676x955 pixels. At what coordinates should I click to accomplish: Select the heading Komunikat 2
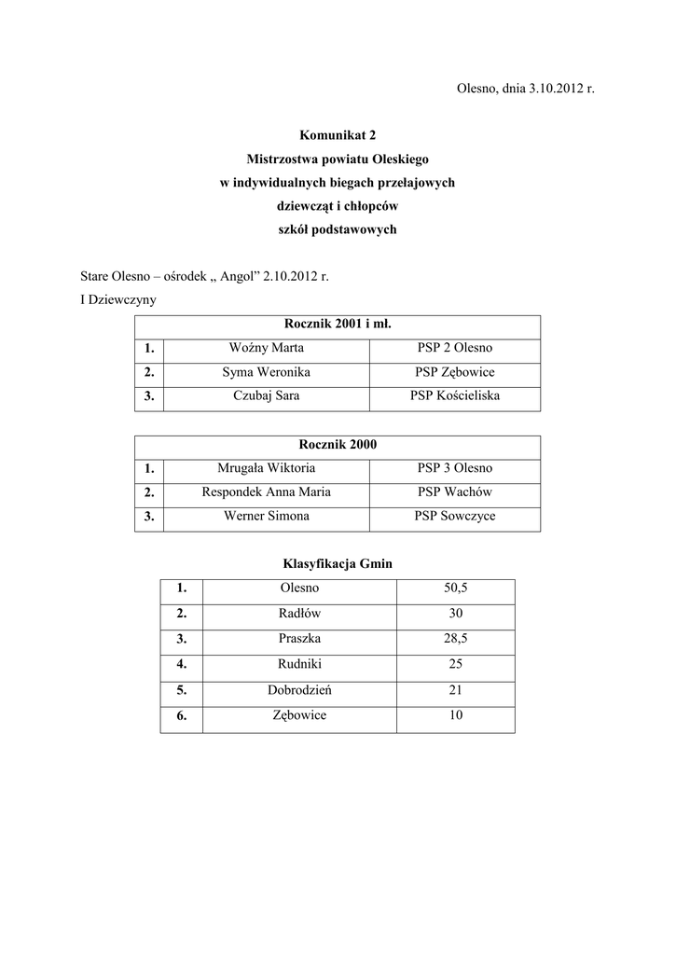point(337,135)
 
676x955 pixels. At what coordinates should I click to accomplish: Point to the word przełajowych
point(415,183)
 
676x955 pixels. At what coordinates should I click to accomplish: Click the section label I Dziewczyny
point(118,300)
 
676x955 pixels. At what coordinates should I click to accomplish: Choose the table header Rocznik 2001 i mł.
point(337,325)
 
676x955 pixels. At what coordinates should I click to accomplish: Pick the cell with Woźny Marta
point(266,349)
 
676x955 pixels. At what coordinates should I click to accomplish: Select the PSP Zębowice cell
point(455,372)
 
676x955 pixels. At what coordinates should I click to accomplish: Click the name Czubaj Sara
point(266,396)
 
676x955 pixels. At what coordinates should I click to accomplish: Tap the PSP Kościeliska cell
point(455,396)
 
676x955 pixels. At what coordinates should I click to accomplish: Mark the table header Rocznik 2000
point(337,445)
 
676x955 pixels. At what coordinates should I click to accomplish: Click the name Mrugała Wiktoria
point(266,468)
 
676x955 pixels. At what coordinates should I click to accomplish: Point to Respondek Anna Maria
point(266,492)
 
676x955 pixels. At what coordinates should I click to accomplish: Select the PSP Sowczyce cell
point(455,517)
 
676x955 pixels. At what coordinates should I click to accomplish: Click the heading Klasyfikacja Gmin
point(337,564)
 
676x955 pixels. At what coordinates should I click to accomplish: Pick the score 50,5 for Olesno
point(456,588)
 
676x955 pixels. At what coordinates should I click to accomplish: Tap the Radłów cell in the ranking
point(299,614)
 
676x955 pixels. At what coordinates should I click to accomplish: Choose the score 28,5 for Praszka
point(456,639)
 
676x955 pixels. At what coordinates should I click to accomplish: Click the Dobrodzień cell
point(299,691)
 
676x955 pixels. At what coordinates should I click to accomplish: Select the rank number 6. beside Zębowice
point(181,717)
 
